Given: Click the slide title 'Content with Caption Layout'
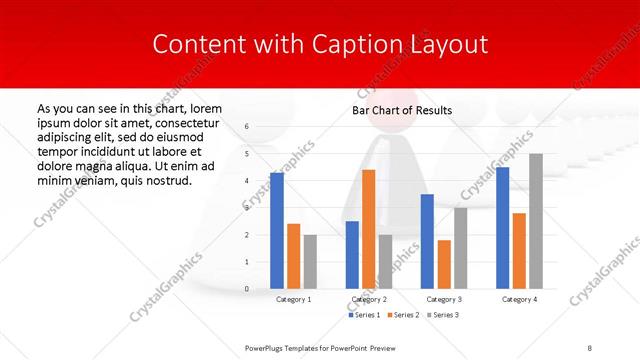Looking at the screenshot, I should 319,45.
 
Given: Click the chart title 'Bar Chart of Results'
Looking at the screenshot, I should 402,110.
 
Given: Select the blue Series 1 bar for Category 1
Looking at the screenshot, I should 276,231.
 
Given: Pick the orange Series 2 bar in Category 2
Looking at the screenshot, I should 368,229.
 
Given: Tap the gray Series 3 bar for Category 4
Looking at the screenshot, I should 536,221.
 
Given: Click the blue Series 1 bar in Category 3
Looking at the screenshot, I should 427,242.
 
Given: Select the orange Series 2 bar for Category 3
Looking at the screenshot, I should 444,265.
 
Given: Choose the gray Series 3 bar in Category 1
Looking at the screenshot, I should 310,262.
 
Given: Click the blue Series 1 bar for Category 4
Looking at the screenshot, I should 502,228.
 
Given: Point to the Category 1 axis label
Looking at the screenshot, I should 293,299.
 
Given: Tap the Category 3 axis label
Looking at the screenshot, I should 444,299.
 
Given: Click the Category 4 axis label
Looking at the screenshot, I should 519,299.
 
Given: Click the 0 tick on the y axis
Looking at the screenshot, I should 247,289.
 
